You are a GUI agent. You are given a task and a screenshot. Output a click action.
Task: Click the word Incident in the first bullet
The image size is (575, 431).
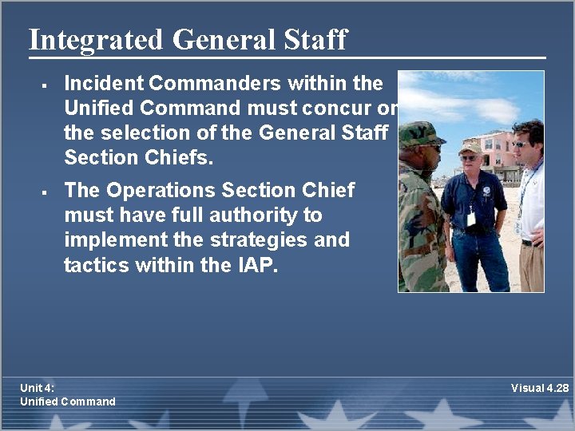coord(103,83)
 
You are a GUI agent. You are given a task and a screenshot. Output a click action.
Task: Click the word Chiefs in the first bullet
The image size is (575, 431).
coord(183,157)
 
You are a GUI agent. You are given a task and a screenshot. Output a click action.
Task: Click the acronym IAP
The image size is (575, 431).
coord(256,265)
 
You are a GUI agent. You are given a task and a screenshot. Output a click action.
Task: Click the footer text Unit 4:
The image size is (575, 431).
coord(38,388)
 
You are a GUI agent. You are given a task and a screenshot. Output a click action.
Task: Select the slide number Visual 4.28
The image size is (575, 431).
coord(540,388)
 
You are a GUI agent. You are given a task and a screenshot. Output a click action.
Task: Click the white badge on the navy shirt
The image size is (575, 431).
coord(472,218)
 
